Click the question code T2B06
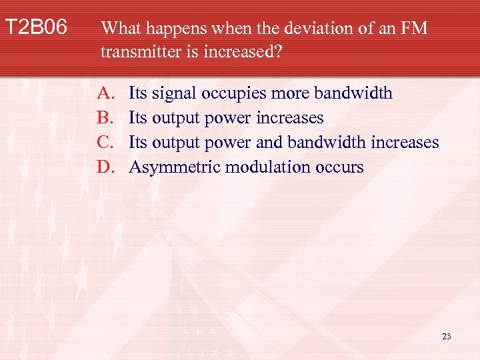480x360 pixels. pyautogui.click(x=36, y=28)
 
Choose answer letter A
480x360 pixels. pyautogui.click(x=105, y=93)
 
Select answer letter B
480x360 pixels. pyautogui.click(x=105, y=118)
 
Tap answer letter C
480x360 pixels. pyautogui.click(x=105, y=143)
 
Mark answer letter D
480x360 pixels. pyautogui.click(x=105, y=167)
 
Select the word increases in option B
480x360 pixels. pyautogui.click(x=290, y=118)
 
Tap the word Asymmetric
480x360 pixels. pyautogui.click(x=175, y=167)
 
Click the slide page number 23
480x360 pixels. pyautogui.click(x=446, y=337)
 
